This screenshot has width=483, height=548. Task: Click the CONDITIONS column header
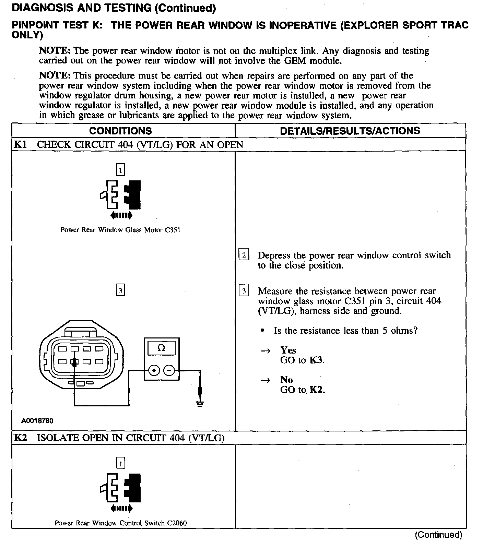click(x=120, y=131)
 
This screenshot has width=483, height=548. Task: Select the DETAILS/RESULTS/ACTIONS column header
click(x=350, y=131)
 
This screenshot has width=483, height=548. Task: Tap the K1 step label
click(x=20, y=144)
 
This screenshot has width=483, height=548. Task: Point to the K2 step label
click(x=20, y=438)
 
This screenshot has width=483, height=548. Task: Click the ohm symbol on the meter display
click(x=161, y=348)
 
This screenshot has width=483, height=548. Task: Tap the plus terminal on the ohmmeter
click(x=154, y=370)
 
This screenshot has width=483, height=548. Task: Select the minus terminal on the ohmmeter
click(x=169, y=370)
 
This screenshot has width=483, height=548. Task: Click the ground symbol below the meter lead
click(x=200, y=403)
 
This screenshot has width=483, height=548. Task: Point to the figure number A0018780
click(x=37, y=420)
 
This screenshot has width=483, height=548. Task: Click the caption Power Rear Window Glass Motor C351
click(x=120, y=230)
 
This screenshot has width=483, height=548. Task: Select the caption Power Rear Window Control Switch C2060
click(x=121, y=523)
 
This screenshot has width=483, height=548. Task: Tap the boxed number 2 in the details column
click(x=244, y=255)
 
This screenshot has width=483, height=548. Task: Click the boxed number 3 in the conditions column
click(x=120, y=291)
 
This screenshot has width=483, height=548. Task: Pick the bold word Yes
click(x=288, y=350)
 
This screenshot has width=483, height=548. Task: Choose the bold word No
click(x=286, y=380)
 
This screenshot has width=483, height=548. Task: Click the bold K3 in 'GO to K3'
click(x=316, y=360)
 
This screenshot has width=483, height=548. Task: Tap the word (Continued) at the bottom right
click(x=438, y=535)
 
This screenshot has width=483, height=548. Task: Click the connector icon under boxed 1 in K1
click(x=120, y=194)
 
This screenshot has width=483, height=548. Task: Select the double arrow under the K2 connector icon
click(x=121, y=508)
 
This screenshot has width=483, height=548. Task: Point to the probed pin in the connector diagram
click(x=74, y=361)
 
